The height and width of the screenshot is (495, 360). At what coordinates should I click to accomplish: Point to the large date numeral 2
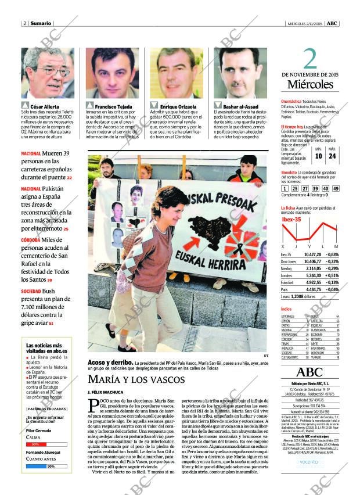(311, 59)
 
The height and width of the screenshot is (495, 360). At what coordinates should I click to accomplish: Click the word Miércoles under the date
(309, 85)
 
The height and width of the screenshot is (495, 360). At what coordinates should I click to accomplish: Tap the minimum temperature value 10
(318, 156)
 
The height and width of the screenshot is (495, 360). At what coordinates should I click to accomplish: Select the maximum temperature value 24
(332, 156)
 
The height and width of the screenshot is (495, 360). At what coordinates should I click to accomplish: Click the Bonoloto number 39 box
(315, 188)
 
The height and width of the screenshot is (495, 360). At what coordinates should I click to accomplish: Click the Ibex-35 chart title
(291, 219)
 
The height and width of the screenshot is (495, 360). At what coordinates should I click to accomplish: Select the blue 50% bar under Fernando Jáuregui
(41, 466)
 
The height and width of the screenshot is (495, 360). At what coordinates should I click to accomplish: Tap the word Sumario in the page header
(40, 23)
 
